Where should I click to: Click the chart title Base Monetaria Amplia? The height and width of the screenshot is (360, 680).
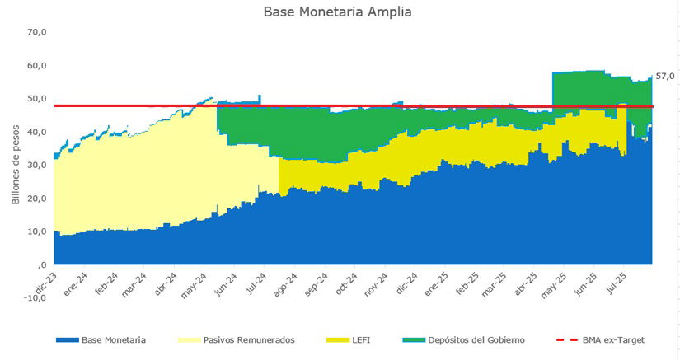[337, 12]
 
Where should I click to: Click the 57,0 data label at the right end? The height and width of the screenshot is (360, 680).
[665, 76]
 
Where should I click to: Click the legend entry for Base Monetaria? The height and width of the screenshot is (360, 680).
[114, 339]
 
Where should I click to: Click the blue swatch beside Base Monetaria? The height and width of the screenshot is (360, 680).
[67, 339]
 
